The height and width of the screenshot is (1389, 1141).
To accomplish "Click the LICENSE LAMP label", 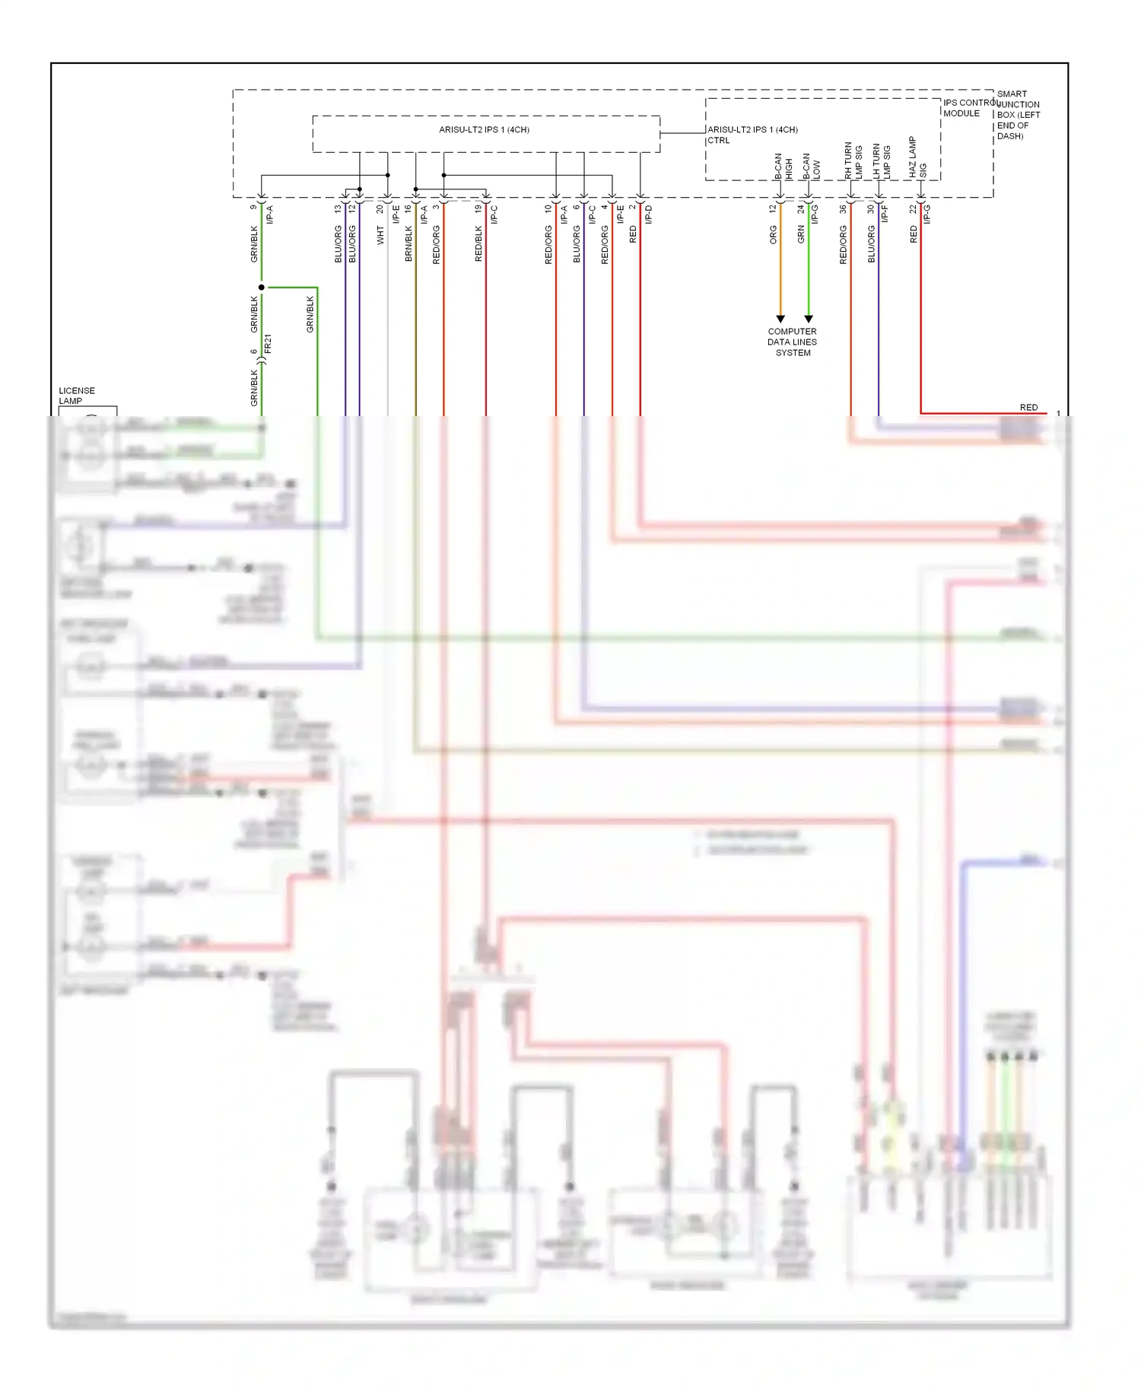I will pos(76,396).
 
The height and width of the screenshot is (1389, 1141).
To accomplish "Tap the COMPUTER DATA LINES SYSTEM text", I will pos(792,342).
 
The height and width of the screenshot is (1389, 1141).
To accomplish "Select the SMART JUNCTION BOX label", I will pos(1018,115).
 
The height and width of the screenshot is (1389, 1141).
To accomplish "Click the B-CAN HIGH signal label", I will pos(783,167).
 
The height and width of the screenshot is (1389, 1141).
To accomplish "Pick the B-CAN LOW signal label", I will pos(811,167).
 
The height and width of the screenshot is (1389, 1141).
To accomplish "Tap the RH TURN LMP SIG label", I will pos(853,161).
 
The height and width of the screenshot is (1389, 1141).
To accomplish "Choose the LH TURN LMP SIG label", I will pos(881,161).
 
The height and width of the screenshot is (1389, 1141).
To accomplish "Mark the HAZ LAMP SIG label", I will pos(917,157).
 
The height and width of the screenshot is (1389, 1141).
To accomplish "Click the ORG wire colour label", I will pos(774,234).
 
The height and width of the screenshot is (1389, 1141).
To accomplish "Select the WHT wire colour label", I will pos(380,235).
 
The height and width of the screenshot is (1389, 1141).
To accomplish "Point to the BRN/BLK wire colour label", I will pos(408,243).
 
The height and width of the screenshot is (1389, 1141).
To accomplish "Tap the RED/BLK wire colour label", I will pos(478,243).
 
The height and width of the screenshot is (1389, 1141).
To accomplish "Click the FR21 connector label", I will pos(268,344).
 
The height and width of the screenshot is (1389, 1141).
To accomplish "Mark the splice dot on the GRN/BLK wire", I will pos(262,288).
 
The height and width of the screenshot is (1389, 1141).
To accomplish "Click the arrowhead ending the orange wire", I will pos(780,319).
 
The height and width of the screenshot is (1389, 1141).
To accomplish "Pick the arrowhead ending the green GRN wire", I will pos(809,319).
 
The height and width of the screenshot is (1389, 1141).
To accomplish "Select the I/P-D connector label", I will pos(649,215).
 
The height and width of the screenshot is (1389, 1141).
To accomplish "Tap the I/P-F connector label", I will pos(885,215).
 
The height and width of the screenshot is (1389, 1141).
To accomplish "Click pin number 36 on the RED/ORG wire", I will pos(843,208).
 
